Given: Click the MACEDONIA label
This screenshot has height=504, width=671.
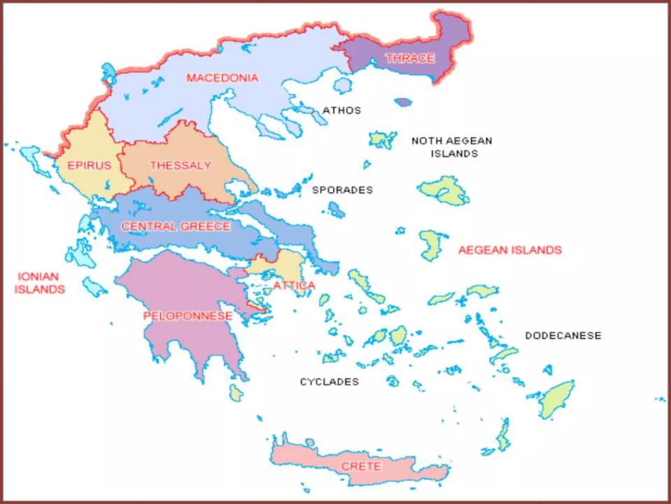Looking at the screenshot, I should (222, 78).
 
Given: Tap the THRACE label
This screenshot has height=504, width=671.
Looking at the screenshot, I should (410, 58).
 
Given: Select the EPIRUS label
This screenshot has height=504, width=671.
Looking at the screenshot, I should (89, 165).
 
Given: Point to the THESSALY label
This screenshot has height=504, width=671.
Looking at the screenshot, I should (181, 165).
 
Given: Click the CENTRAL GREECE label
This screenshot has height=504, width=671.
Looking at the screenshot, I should (176, 226).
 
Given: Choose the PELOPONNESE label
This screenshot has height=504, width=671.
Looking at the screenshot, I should (188, 316).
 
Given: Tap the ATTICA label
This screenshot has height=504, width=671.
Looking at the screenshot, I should (294, 285).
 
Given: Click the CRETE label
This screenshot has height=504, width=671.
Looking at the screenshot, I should (361, 466).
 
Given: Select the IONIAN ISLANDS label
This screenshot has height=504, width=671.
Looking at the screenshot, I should (39, 283).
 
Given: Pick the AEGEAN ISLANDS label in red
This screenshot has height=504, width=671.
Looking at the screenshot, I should (510, 250).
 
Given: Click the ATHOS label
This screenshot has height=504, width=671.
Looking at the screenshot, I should (342, 110).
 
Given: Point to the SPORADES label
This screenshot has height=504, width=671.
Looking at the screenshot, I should (342, 190).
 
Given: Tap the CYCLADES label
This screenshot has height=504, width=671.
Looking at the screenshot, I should (329, 382).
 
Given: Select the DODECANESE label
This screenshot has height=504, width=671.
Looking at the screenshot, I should (563, 336).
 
